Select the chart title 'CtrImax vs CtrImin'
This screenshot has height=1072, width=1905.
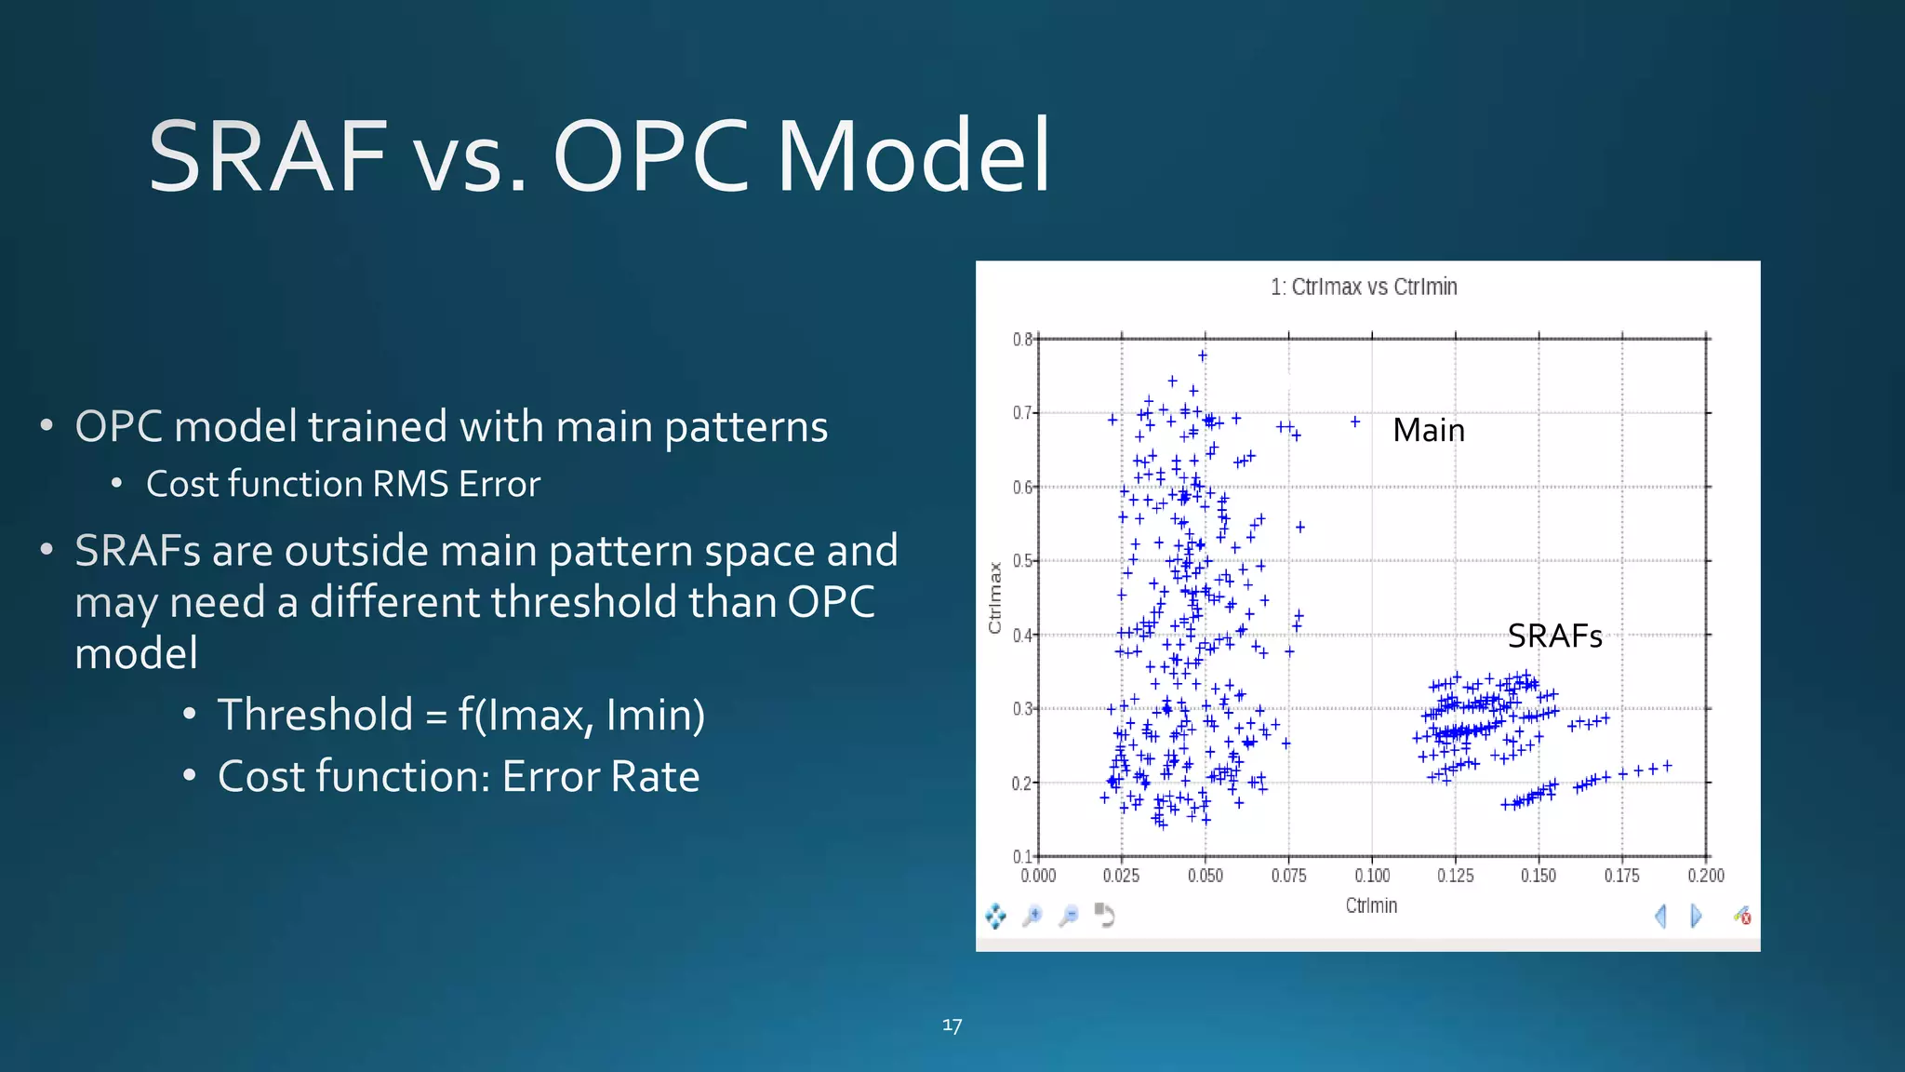tap(1364, 287)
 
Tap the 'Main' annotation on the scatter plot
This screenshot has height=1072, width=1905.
tap(1429, 430)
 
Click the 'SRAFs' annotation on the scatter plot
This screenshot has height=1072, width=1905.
tap(1554, 636)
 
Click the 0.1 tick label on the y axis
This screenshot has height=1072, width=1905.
tap(1021, 856)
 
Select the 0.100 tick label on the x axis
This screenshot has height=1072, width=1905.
tap(1372, 876)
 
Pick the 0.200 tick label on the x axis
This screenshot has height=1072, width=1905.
tap(1706, 876)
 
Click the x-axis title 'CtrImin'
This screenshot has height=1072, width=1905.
tap(1371, 905)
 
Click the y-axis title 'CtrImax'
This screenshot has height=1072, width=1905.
tap(995, 597)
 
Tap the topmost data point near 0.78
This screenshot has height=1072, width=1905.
tap(1203, 355)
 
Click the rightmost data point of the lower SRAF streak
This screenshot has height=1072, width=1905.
tap(1668, 766)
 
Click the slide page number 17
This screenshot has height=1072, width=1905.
tap(952, 1025)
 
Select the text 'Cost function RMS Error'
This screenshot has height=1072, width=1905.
tap(343, 484)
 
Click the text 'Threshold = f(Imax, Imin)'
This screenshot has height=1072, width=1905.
tap(461, 715)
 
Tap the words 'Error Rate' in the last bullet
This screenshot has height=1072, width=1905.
tap(601, 776)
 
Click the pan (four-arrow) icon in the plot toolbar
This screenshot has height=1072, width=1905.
tap(995, 917)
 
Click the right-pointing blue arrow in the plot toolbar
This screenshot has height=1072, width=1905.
tap(1696, 917)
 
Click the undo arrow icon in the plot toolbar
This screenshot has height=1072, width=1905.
tap(1104, 916)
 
